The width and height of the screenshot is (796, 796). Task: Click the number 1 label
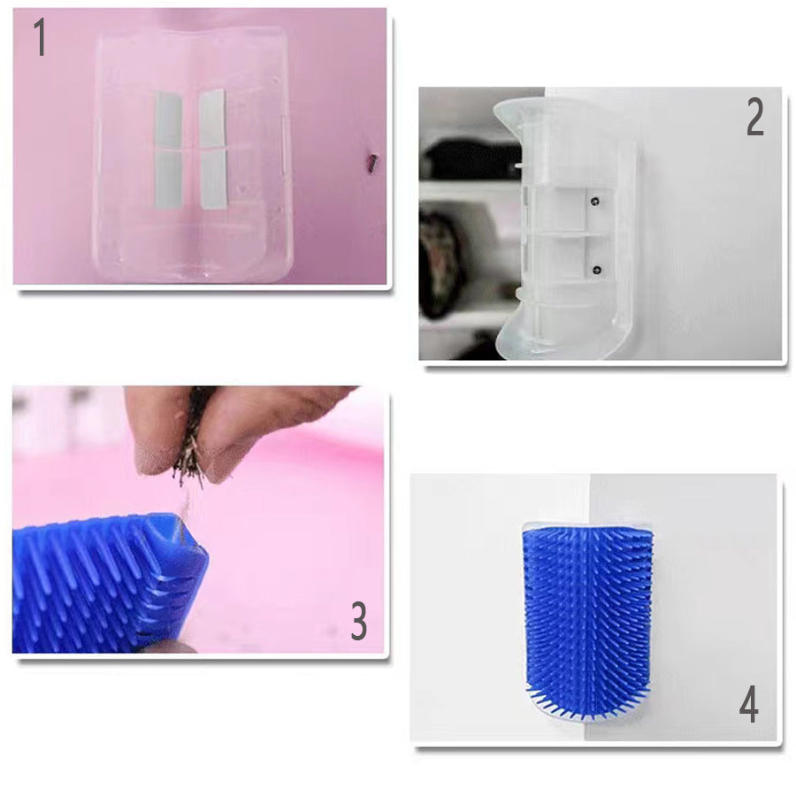(x=39, y=39)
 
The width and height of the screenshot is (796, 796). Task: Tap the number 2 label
(x=754, y=118)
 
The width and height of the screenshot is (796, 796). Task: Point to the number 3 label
(x=358, y=622)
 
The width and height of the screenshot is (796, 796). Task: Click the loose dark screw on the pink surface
(x=372, y=162)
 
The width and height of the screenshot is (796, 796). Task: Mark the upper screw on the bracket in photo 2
(x=595, y=202)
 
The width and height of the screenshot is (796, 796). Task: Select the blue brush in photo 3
(x=106, y=584)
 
